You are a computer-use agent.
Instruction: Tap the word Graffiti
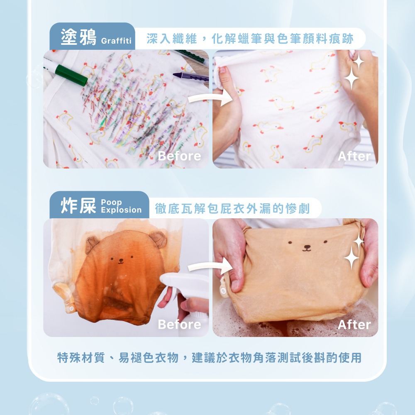116,41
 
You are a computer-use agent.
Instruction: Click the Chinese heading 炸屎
78,206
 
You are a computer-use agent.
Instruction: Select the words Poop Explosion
121,206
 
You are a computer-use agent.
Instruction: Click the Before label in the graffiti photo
179,156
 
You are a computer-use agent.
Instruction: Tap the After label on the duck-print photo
354,156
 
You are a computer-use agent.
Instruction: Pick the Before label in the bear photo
179,325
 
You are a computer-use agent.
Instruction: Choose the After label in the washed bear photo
354,325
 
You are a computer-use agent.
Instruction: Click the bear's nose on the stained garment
121,261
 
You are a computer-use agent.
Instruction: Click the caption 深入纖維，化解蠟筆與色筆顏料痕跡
250,39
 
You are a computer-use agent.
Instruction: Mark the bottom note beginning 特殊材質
209,357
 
